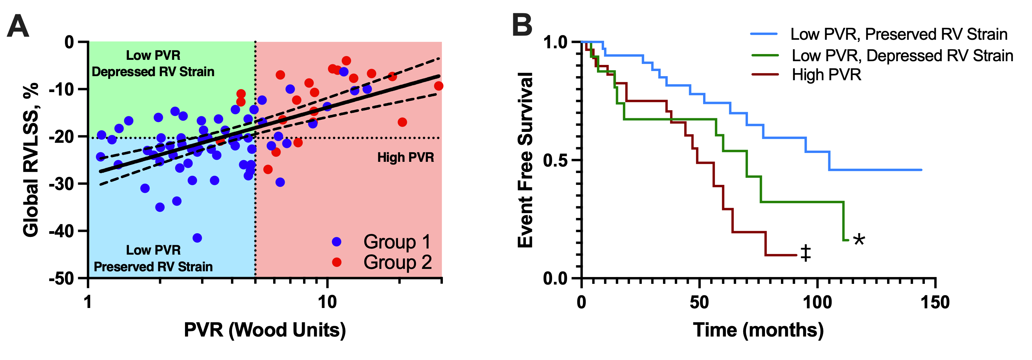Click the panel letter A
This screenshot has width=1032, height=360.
pyautogui.click(x=18, y=26)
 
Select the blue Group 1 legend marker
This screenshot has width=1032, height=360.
pyautogui.click(x=336, y=242)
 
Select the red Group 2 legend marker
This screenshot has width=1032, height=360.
pyautogui.click(x=336, y=262)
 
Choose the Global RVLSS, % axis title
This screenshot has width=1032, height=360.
pyautogui.click(x=31, y=160)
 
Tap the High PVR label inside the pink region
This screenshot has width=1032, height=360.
pyautogui.click(x=405, y=157)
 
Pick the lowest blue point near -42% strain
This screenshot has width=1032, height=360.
pyautogui.click(x=197, y=238)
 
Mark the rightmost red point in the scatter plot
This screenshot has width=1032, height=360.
pyautogui.click(x=439, y=86)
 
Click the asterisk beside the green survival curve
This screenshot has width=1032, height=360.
pyautogui.click(x=859, y=240)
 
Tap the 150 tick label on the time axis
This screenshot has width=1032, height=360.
pyautogui.click(x=935, y=302)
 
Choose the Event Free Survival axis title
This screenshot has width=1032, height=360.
pyautogui.click(x=526, y=160)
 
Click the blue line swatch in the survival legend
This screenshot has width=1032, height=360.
pyautogui.click(x=764, y=34)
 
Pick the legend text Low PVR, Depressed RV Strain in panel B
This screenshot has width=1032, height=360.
pyautogui.click(x=902, y=56)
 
